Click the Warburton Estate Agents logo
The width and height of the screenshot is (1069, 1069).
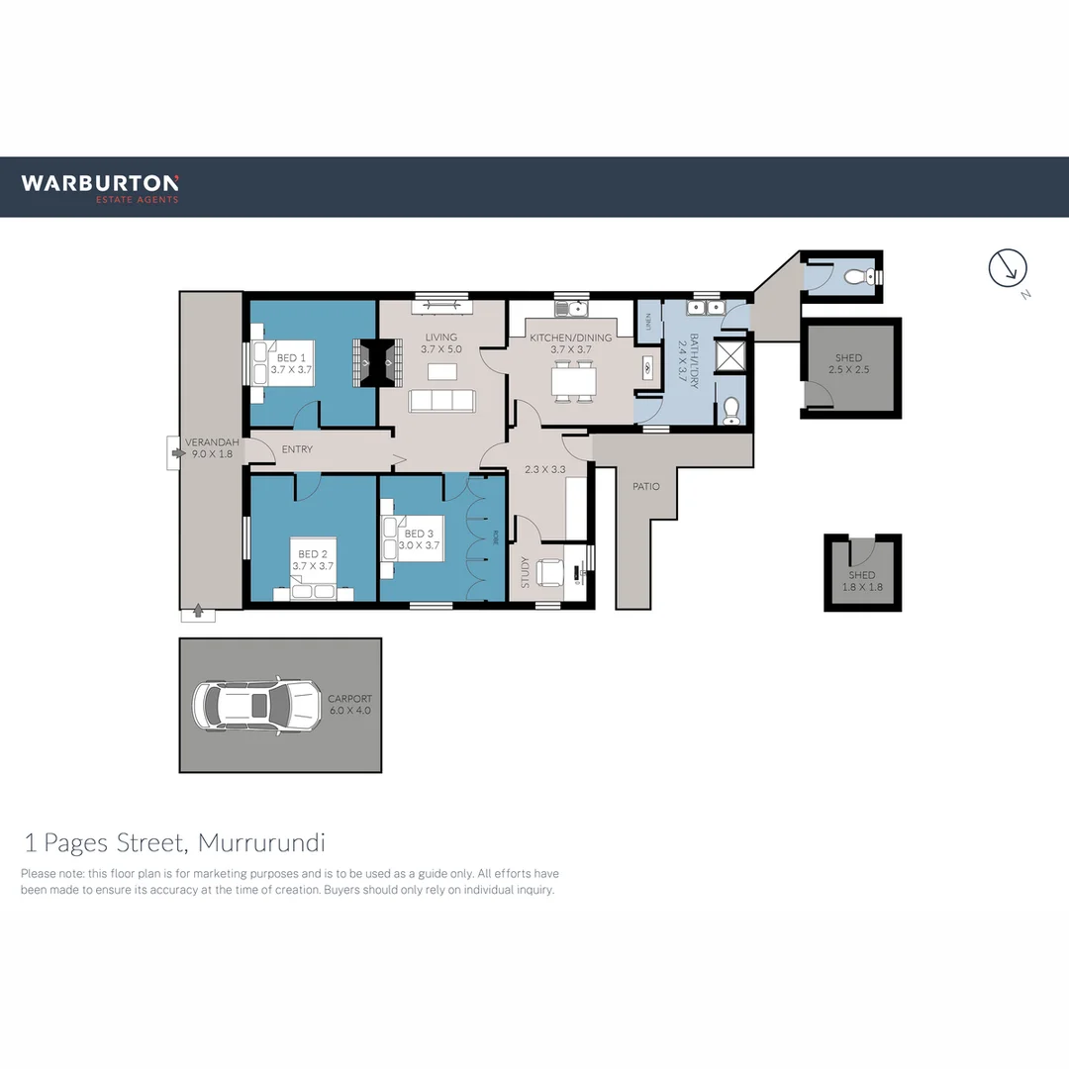(x=100, y=187)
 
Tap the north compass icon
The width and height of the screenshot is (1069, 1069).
(x=1009, y=268)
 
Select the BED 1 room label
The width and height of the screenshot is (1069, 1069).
(x=291, y=363)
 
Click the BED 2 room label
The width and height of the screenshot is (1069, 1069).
(x=312, y=560)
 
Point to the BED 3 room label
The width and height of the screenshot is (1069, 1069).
(x=418, y=539)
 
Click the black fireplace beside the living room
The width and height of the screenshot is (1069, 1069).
(x=378, y=363)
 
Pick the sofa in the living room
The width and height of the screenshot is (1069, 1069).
(x=441, y=401)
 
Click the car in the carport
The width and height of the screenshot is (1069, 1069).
(x=256, y=705)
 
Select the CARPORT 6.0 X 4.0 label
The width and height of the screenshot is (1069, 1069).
(x=350, y=704)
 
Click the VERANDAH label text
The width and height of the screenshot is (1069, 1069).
(x=209, y=448)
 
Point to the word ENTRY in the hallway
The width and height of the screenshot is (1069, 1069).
(x=297, y=449)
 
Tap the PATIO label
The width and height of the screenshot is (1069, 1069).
(x=646, y=486)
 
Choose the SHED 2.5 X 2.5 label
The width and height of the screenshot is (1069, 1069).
(x=848, y=364)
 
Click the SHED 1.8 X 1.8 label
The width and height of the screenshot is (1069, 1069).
(x=862, y=581)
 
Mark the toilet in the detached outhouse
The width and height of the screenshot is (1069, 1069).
(x=858, y=276)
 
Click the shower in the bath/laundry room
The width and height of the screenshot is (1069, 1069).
(x=729, y=354)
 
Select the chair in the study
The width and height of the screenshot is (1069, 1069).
(x=550, y=573)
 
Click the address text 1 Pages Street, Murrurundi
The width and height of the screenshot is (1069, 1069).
(x=174, y=843)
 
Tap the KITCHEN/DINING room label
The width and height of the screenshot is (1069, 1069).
(x=570, y=343)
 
